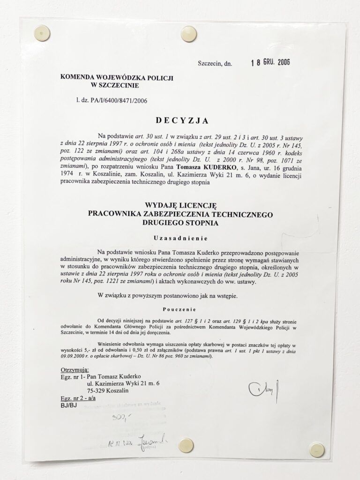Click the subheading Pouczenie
[180, 310]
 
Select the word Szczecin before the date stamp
[210, 63]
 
